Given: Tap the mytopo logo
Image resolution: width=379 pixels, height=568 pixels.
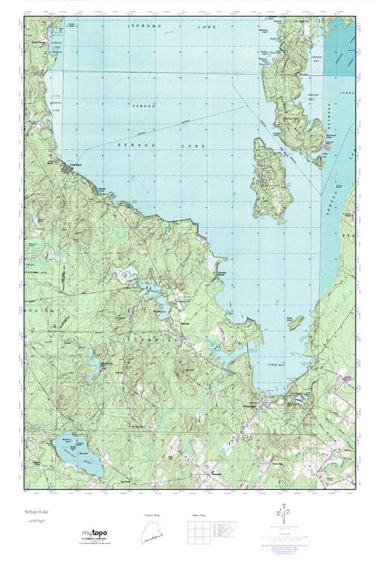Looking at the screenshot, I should tap(96, 535).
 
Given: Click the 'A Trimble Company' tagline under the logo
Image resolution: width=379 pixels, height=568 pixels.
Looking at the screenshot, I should tap(96, 541).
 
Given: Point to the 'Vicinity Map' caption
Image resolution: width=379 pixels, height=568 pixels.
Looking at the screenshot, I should tap(152, 514).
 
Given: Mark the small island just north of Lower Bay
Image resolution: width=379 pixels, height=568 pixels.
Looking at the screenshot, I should tap(297, 322).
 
